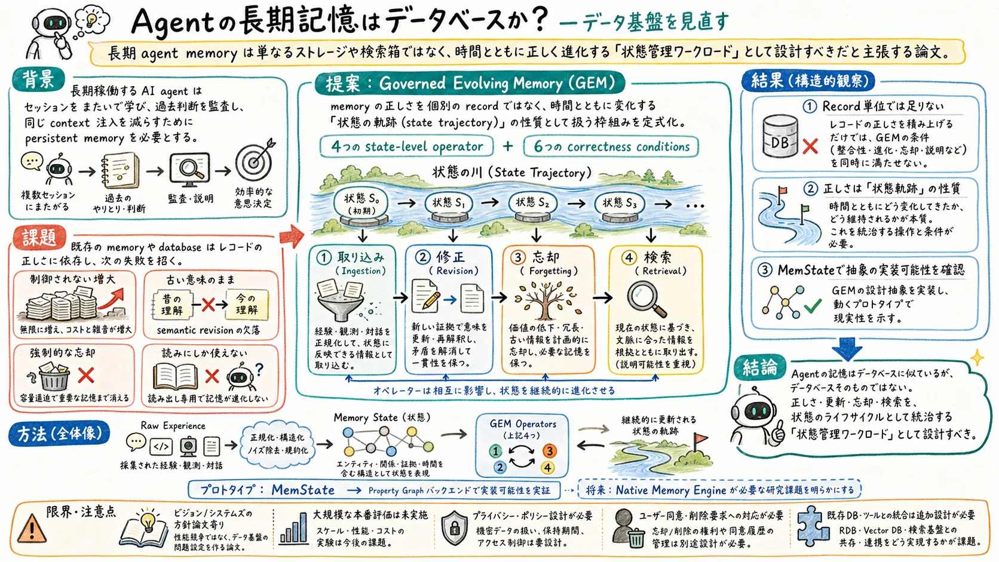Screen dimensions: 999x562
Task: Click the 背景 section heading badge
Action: [38, 80]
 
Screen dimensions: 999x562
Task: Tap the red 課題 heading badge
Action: [39, 237]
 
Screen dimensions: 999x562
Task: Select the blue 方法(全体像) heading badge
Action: [59, 434]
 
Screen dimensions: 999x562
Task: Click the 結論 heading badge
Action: [760, 367]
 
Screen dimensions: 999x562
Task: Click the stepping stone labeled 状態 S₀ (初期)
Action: [361, 208]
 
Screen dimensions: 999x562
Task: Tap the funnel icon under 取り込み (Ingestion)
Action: [341, 300]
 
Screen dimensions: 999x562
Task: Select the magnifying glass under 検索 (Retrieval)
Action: [646, 299]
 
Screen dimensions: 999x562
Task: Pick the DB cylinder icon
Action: [780, 136]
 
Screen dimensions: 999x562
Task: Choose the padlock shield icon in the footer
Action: [454, 528]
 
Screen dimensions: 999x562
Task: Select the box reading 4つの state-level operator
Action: [406, 146]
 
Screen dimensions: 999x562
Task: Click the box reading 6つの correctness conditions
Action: [611, 146]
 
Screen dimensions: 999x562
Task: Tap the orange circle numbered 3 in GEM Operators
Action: [550, 451]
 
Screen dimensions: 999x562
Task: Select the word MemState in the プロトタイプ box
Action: [303, 490]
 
